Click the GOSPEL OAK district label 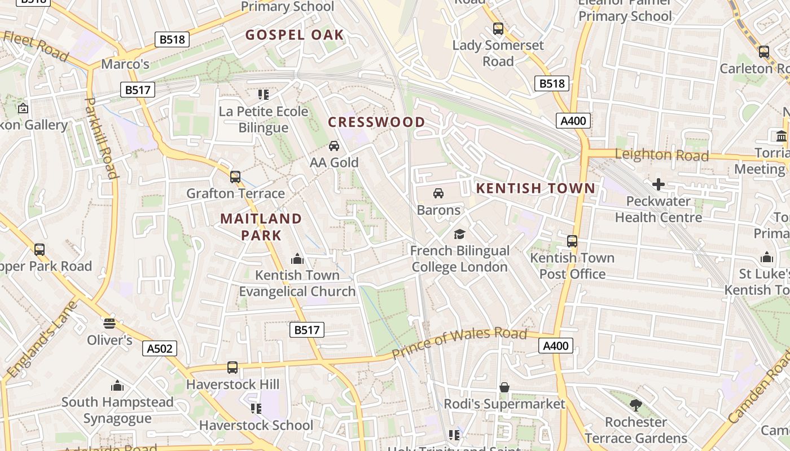295,35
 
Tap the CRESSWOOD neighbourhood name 376,122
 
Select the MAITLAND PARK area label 261,227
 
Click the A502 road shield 159,348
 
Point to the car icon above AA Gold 334,146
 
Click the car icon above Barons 438,193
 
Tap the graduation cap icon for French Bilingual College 460,234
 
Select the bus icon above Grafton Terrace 235,177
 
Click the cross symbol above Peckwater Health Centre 658,184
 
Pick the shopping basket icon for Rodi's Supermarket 504,387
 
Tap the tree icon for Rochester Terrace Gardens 636,405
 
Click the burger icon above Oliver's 109,324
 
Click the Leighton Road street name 661,155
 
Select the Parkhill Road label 101,138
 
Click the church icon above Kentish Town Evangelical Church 297,259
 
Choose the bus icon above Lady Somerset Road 498,29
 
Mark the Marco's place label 125,64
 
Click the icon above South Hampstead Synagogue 117,386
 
